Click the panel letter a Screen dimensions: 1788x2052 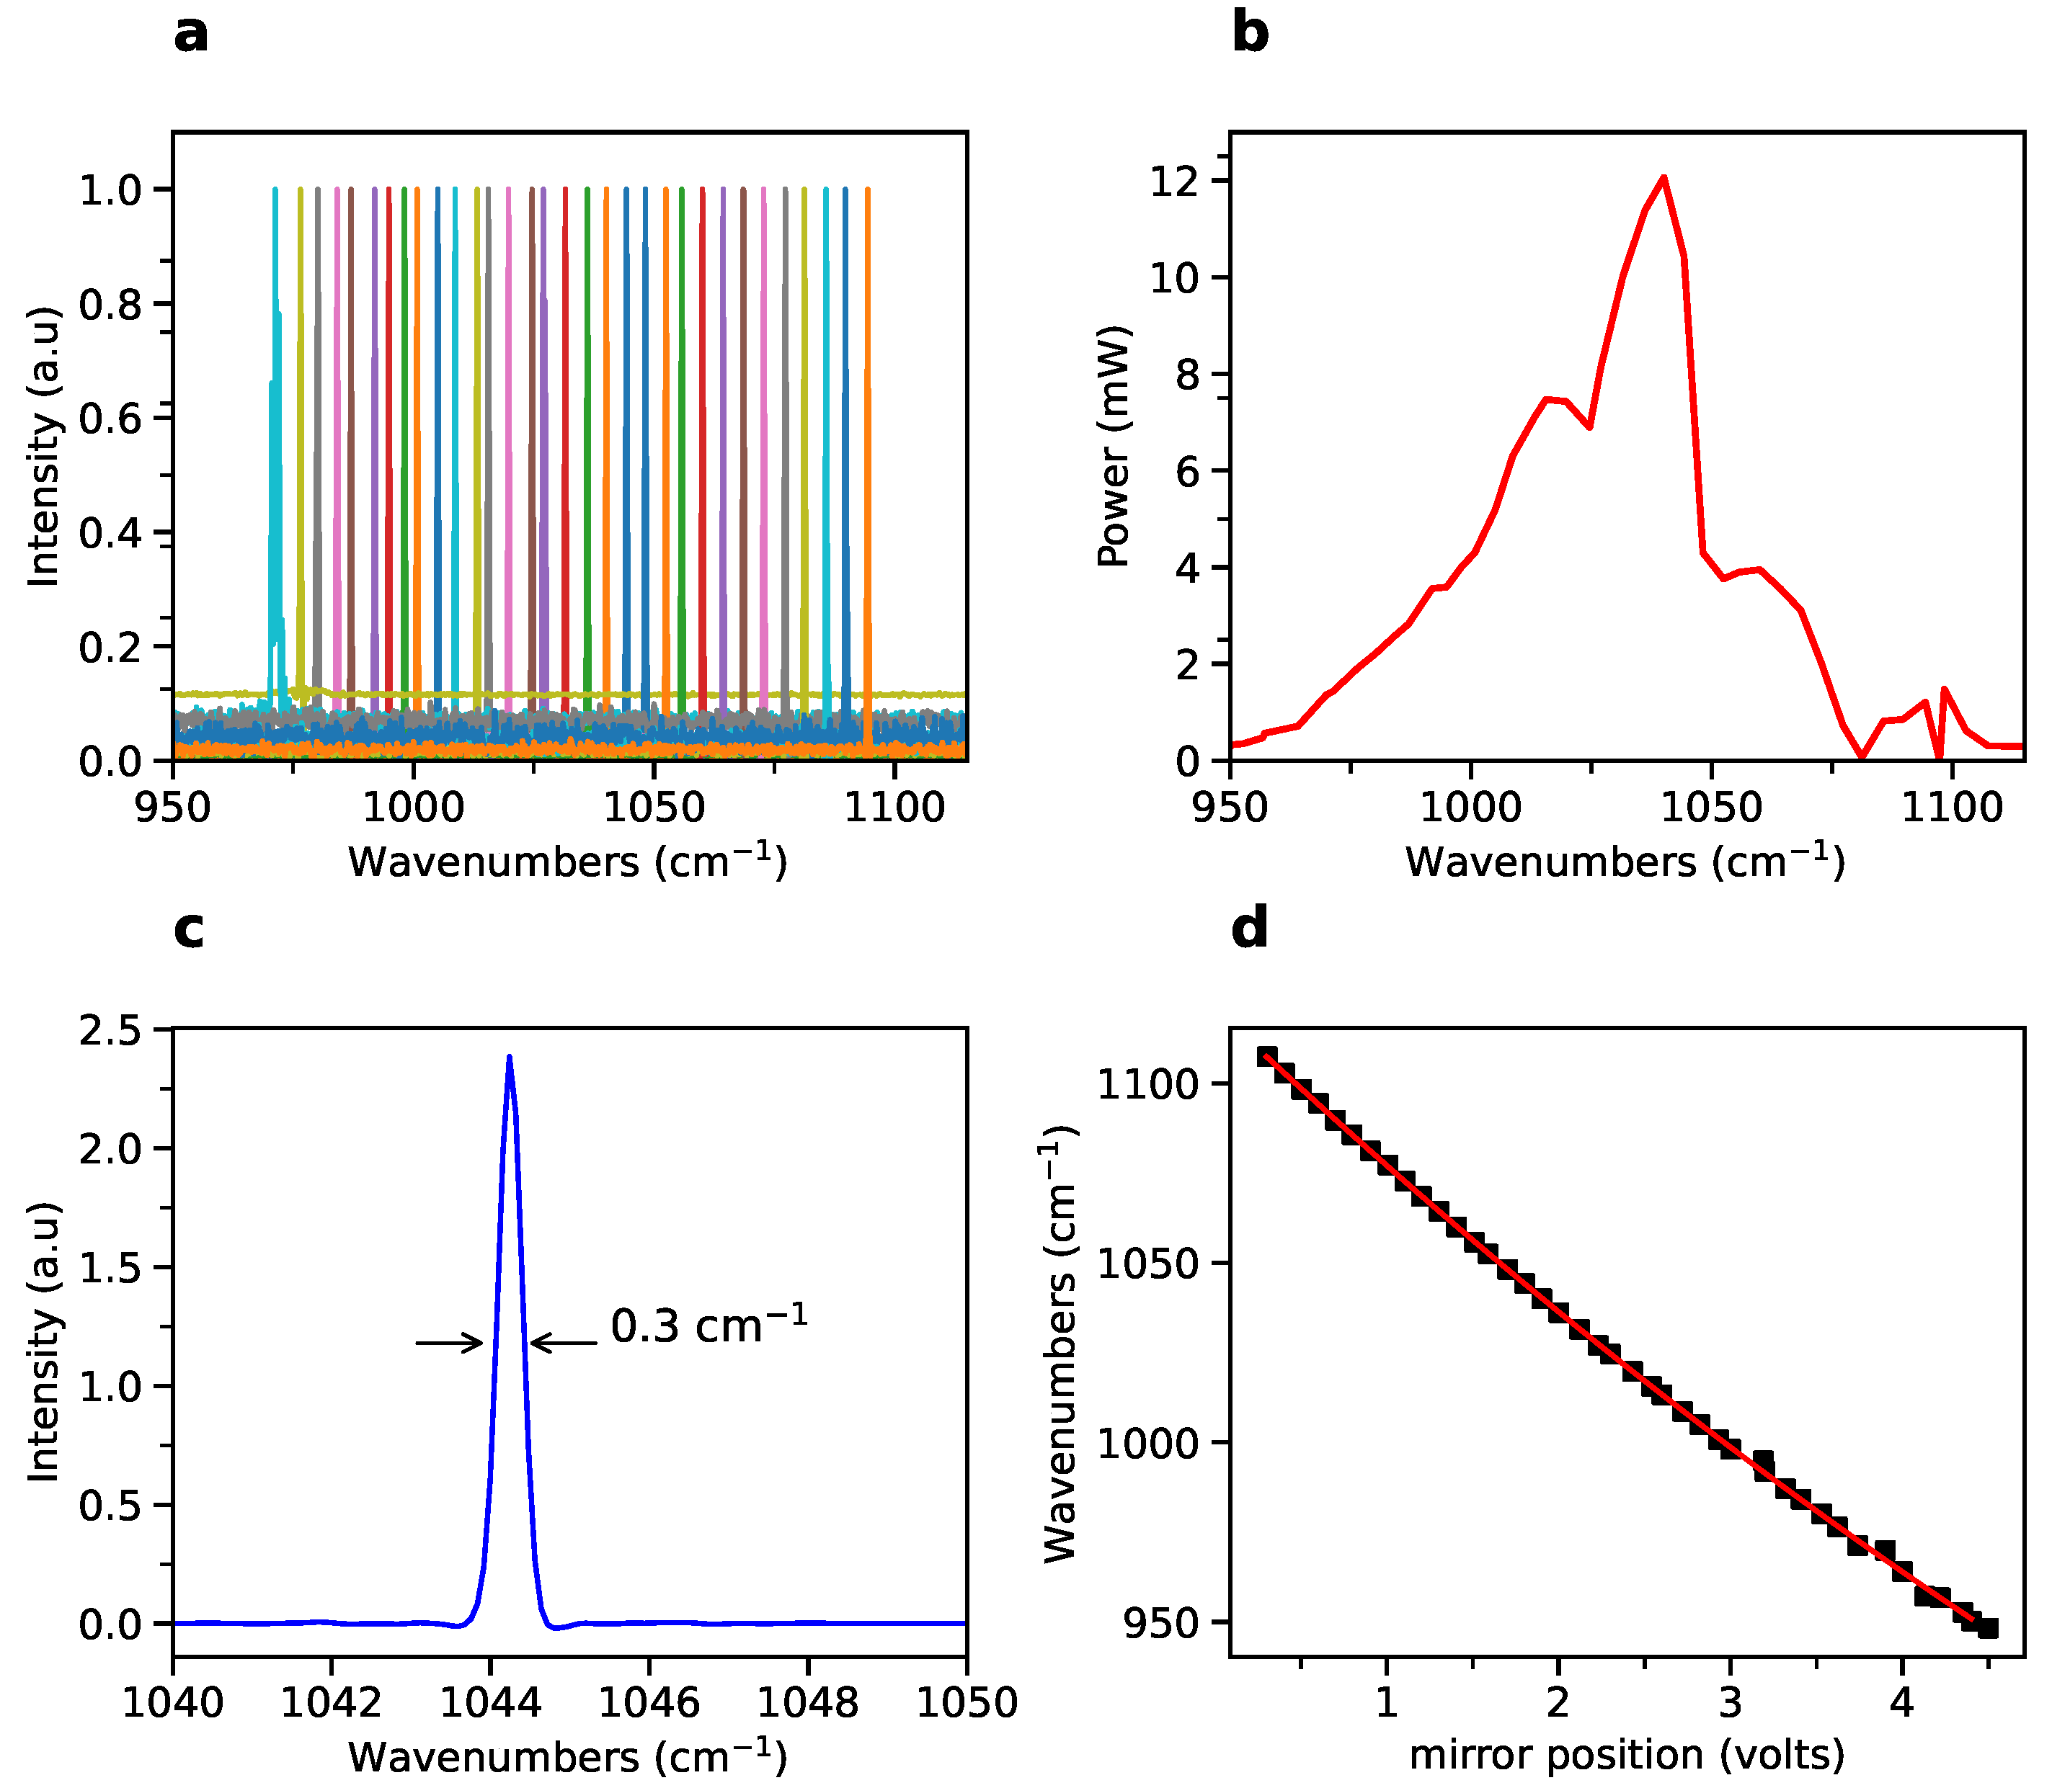190,35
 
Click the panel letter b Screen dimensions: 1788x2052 1250,33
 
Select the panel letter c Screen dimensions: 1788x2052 189,930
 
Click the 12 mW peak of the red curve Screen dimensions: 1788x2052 1664,179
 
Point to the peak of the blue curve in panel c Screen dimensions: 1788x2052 510,1057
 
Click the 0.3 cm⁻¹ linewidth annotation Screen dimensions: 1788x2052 709,1325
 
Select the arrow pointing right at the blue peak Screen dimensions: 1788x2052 449,1343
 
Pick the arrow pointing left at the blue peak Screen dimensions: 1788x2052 564,1343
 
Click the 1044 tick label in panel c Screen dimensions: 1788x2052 490,1702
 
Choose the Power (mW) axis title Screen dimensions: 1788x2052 1114,446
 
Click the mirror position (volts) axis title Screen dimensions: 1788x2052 1626,1754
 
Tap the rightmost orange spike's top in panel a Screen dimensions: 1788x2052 867,189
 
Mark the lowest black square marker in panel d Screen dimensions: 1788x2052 1987,1628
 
